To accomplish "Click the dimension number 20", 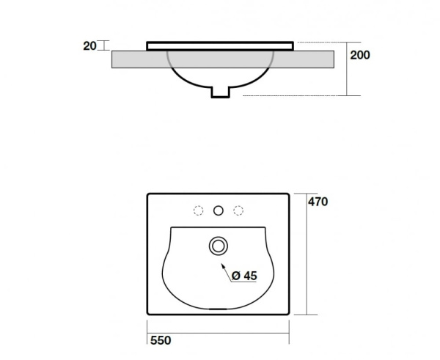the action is point(89,45).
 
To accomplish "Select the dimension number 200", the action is point(360,55).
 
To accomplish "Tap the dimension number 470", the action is point(318,202).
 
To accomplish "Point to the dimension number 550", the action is point(161,340).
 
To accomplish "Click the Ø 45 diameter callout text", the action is point(244,276).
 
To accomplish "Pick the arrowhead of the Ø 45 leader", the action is point(223,266).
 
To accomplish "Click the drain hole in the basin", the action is point(219,246).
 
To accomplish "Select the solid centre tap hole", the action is point(219,210).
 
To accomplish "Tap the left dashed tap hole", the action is point(199,210).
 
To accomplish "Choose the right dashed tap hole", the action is point(238,210).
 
